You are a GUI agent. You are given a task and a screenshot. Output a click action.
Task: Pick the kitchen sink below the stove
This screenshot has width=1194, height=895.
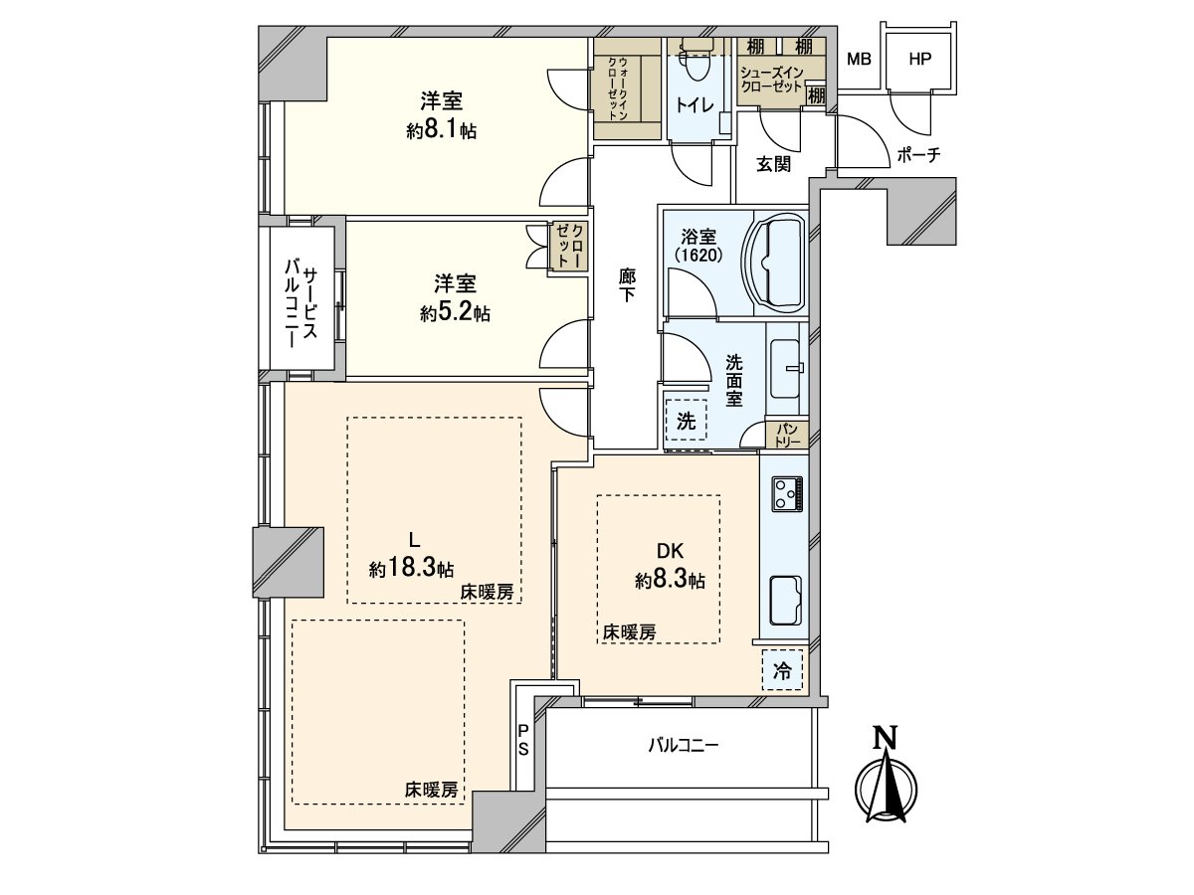pyautogui.click(x=789, y=601)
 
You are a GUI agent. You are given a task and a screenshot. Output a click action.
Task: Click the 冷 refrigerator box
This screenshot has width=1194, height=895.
pyautogui.click(x=783, y=671)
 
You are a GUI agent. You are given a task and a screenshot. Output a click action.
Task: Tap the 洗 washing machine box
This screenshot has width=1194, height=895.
pyautogui.click(x=686, y=421)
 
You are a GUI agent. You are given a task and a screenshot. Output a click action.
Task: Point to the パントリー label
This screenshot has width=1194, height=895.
pyautogui.click(x=787, y=434)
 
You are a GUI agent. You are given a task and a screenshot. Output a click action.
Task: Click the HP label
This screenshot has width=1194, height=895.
pyautogui.click(x=919, y=59)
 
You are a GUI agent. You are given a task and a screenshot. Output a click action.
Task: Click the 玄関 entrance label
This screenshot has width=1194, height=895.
pyautogui.click(x=773, y=165)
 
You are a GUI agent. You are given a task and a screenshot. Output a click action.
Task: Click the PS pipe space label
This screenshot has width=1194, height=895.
pyautogui.click(x=522, y=742)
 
